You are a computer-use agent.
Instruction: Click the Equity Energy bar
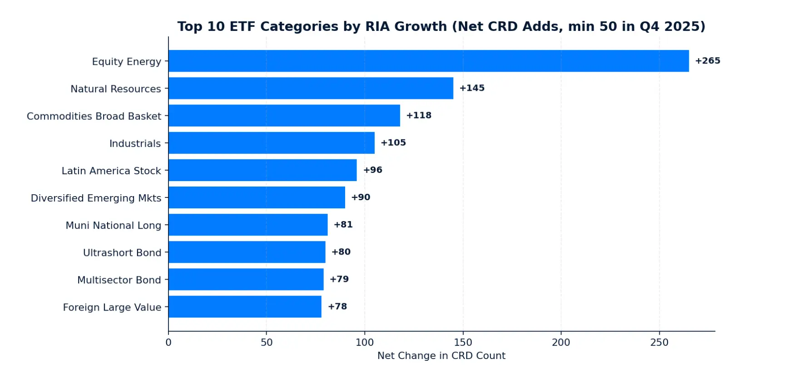tap(429, 61)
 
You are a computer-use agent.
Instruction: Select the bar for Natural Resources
tap(311, 88)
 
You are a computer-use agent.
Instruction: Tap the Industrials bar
tap(272, 143)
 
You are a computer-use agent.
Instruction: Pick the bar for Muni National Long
tap(248, 225)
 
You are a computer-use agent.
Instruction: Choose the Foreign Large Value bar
tap(245, 307)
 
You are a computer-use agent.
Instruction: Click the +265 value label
tap(708, 61)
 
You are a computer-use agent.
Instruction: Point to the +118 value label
tap(419, 115)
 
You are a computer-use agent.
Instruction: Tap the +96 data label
tap(372, 170)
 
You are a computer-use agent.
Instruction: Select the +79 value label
tap(339, 279)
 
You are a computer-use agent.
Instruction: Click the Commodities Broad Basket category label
tap(94, 116)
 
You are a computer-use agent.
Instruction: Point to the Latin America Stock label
tap(111, 171)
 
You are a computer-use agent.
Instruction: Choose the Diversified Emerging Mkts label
tap(96, 198)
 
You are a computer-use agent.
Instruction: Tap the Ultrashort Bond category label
tap(122, 253)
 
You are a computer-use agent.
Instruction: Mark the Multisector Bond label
tap(119, 280)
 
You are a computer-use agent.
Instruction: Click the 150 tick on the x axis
tap(463, 342)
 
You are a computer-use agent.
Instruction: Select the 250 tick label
tap(659, 342)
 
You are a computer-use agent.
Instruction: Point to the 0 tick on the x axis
tap(168, 342)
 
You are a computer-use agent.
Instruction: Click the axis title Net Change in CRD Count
tap(441, 356)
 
